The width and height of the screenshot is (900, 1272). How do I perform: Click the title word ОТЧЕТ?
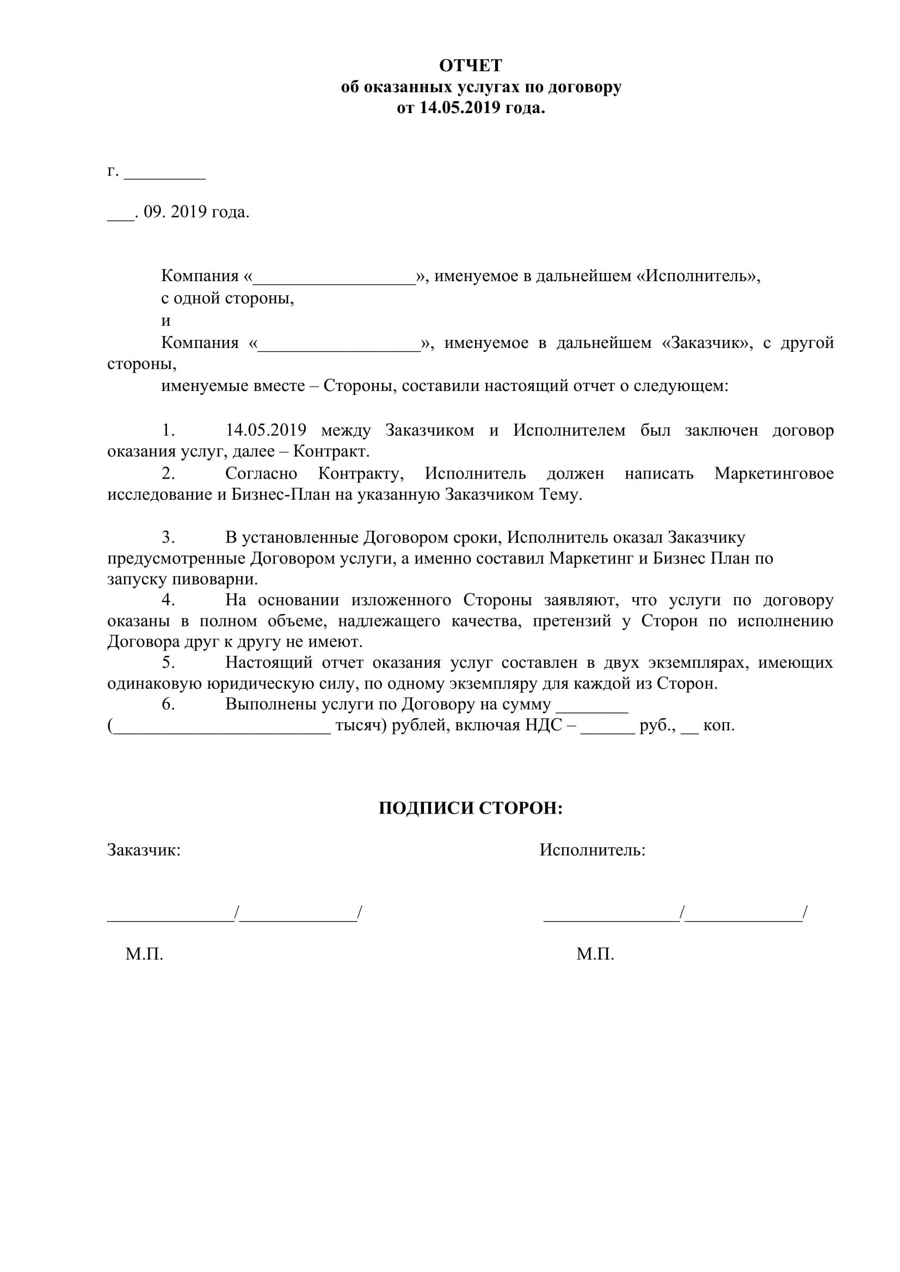pyautogui.click(x=471, y=66)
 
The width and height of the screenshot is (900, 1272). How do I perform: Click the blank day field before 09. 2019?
pyautogui.click(x=120, y=217)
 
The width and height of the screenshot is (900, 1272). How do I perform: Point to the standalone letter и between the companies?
pyautogui.click(x=165, y=321)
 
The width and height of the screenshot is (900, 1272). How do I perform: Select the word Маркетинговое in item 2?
pyautogui.click(x=774, y=474)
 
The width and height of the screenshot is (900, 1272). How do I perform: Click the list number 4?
pyautogui.click(x=168, y=600)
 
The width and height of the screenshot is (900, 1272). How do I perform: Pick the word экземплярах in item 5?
pyautogui.click(x=695, y=662)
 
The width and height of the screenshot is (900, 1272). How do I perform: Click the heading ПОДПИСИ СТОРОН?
pyautogui.click(x=471, y=809)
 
